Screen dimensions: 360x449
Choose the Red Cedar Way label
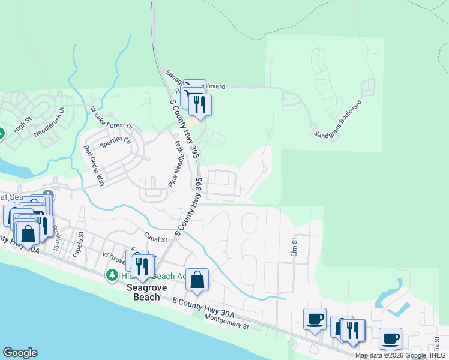click(x=95, y=166)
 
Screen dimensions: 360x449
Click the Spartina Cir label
click(x=119, y=143)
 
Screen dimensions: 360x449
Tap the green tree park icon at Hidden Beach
click(x=111, y=275)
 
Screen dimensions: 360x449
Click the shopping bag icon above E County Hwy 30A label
click(x=197, y=280)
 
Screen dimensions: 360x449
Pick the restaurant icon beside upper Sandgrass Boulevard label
click(x=200, y=104)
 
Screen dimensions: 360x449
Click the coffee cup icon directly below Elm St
click(x=314, y=319)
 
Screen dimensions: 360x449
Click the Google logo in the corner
click(x=20, y=353)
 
